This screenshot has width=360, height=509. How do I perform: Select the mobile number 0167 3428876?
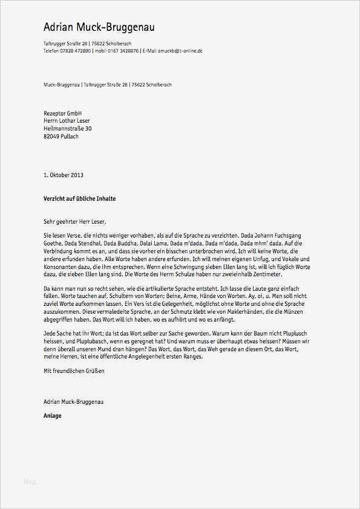point(122,51)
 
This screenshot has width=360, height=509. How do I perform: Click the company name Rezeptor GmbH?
point(63,113)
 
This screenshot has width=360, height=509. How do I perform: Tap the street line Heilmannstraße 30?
point(68,128)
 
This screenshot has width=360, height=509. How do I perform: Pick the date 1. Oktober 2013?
point(64,175)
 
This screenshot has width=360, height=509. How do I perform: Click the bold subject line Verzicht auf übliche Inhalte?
point(79,198)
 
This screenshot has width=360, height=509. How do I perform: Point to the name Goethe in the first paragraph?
point(53,241)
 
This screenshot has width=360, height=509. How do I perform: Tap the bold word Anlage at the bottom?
point(53,415)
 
